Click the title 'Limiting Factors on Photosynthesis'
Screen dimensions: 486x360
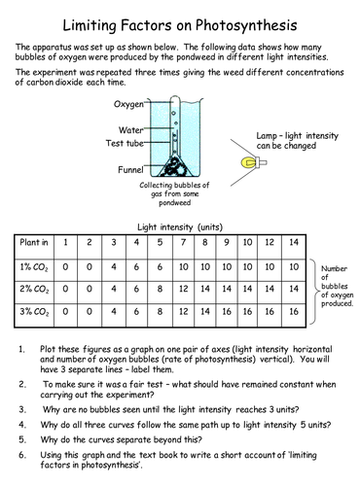181,22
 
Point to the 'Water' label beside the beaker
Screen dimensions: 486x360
131,128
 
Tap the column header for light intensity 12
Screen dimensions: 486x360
270,242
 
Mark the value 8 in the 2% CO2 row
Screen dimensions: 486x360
158,289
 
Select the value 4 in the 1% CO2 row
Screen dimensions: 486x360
113,265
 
